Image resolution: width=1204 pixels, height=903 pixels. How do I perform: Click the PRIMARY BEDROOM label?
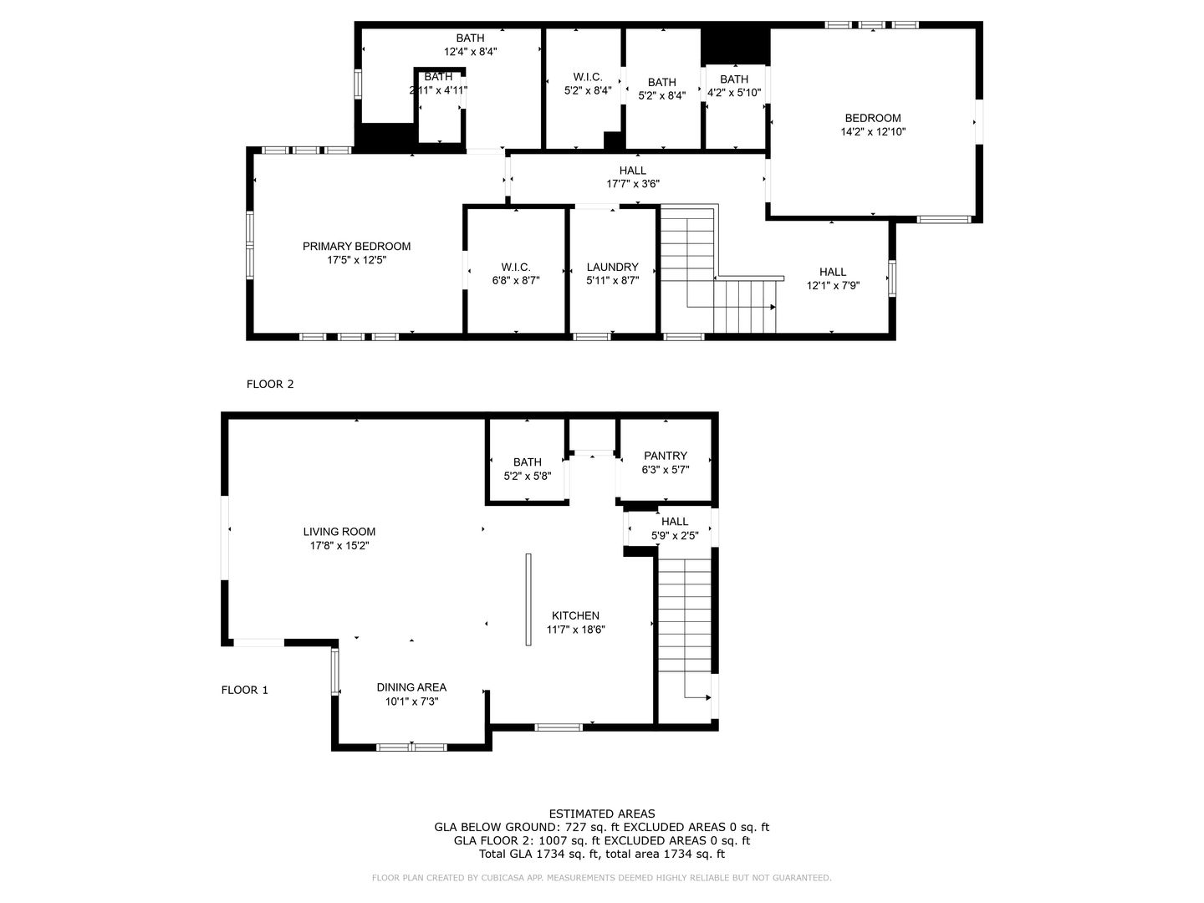[356, 246]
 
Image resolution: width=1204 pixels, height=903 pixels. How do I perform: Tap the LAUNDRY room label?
[612, 267]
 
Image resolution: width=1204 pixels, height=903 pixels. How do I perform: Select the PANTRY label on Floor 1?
[666, 456]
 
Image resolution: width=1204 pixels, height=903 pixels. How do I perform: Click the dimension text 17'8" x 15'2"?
[339, 545]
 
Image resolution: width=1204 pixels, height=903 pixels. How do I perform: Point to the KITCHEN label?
[575, 615]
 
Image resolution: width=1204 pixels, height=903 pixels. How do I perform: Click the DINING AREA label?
[411, 687]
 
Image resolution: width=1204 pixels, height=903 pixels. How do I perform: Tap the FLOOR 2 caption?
[270, 385]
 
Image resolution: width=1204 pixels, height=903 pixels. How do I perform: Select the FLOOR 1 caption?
[244, 690]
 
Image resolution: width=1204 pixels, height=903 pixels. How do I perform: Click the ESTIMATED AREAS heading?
[601, 814]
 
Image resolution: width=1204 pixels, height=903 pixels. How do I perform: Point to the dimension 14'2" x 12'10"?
[873, 132]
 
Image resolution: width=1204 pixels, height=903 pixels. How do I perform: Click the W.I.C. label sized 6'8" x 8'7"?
[516, 267]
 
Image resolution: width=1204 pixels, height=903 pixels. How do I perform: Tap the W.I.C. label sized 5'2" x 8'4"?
[588, 76]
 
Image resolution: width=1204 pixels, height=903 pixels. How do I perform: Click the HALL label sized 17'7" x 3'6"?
[633, 171]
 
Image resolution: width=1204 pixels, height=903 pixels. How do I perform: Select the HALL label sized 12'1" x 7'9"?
[833, 272]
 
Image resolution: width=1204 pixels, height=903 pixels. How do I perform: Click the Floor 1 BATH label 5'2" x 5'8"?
[528, 462]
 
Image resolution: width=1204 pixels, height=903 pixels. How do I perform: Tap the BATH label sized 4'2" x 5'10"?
[734, 79]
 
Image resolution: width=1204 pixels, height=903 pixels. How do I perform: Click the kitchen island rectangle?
[528, 599]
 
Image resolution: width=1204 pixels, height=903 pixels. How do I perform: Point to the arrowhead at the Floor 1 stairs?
[707, 697]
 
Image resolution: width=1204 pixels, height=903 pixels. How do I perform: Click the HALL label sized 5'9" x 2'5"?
[675, 522]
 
